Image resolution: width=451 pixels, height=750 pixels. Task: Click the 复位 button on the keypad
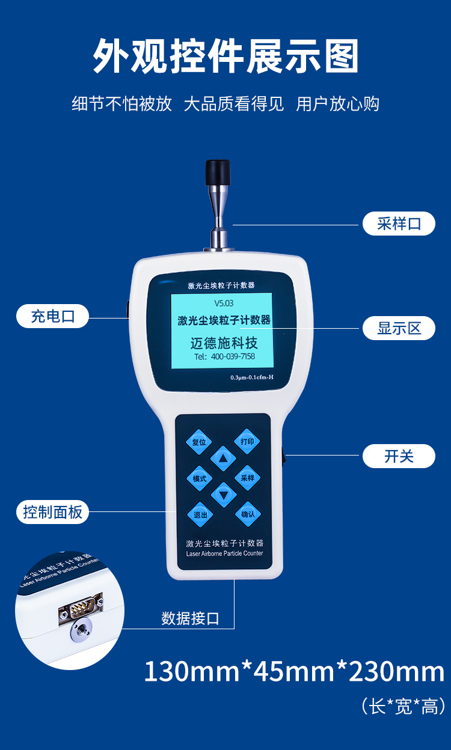pos(199,442)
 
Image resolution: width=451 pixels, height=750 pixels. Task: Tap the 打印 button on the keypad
pos(247,441)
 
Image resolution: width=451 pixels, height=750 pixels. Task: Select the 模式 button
pos(200,478)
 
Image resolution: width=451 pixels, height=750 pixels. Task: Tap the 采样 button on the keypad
pos(248,478)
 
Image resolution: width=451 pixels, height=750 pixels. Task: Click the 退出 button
pos(200,514)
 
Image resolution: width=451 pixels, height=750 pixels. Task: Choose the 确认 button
pos(248,514)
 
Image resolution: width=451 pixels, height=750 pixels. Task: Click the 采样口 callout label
pos(399,224)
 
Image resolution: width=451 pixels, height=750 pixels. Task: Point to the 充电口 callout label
pos(52,316)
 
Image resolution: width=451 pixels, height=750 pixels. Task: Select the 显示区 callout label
pos(399,328)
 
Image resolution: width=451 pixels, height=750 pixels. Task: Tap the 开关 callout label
pos(399,456)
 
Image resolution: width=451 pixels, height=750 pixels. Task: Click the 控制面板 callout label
pos(52,512)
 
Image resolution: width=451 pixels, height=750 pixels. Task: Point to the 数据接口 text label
pos(190,618)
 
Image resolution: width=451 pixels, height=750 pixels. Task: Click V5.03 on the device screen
pos(224,303)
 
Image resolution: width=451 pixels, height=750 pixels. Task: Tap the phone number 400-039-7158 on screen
pos(233,356)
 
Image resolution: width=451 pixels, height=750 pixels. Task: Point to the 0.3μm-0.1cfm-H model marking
pos(251,377)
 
